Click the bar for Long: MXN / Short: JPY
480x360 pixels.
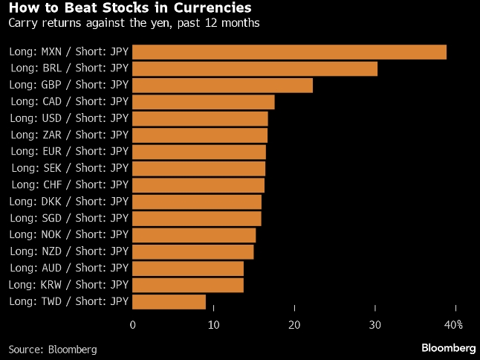click(x=289, y=52)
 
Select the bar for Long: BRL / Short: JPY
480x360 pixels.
click(x=254, y=69)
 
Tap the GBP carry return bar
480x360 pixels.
click(x=222, y=86)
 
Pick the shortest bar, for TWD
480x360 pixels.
click(x=169, y=301)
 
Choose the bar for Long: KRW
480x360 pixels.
click(x=187, y=285)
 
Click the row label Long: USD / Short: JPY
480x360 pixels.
click(x=68, y=119)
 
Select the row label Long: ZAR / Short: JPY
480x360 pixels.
click(x=68, y=135)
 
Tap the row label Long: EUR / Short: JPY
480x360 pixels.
click(x=68, y=152)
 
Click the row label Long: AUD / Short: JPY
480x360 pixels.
click(x=68, y=269)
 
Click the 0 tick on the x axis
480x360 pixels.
click(x=133, y=325)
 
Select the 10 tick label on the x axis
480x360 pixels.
click(x=213, y=325)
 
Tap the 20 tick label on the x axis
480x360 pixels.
click(x=294, y=325)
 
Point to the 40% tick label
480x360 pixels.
click(x=453, y=325)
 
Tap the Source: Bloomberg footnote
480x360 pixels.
click(x=53, y=348)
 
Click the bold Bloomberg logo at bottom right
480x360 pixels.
click(x=448, y=347)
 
